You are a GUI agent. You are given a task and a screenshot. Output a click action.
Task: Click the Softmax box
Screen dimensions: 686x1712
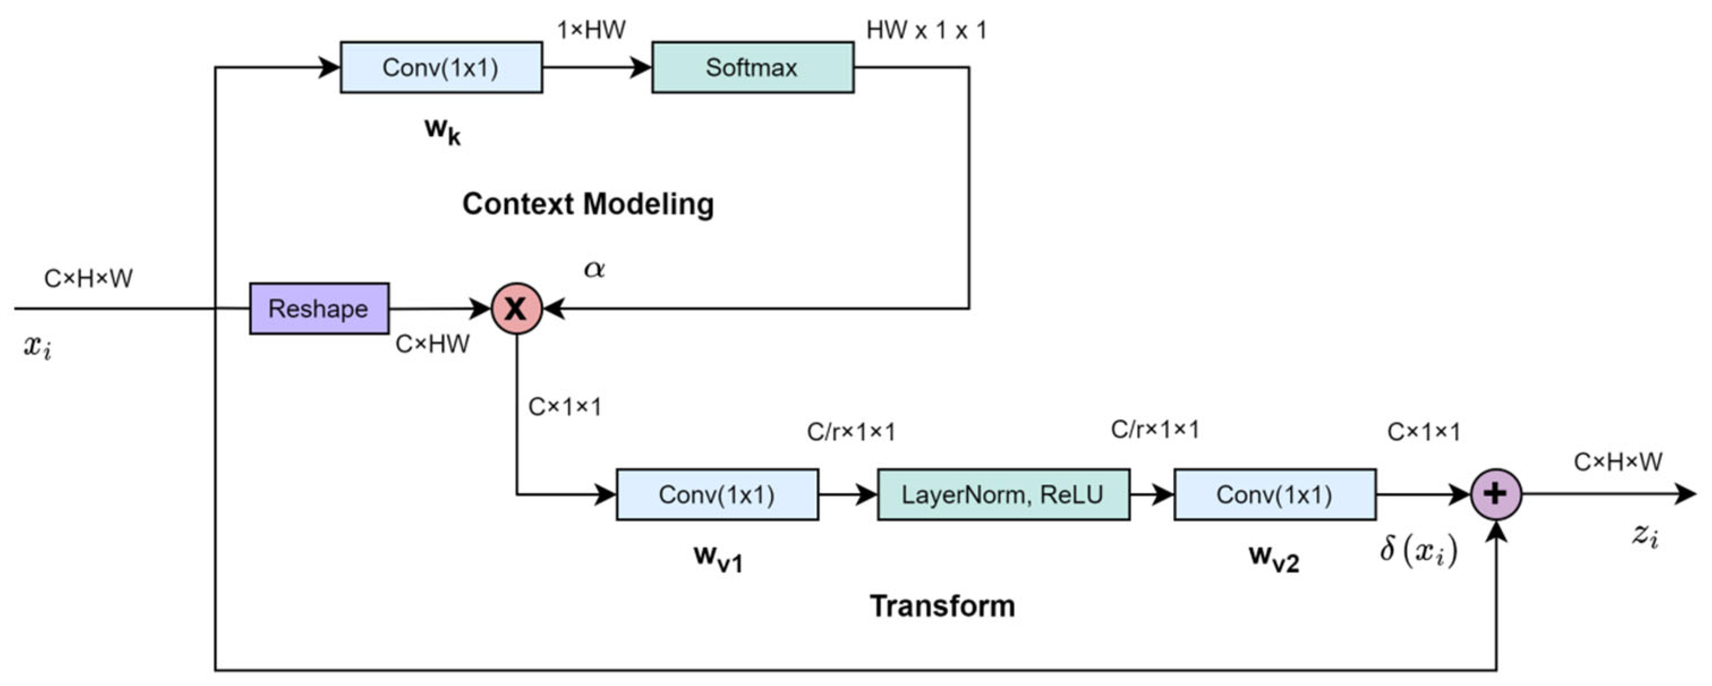(x=752, y=67)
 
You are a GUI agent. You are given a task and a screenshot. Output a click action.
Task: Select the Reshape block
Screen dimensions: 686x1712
(x=319, y=308)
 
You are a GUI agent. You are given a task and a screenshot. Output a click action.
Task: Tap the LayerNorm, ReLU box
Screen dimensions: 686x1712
(x=1003, y=495)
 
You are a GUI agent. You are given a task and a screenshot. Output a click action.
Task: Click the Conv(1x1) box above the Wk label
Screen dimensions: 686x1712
(x=441, y=67)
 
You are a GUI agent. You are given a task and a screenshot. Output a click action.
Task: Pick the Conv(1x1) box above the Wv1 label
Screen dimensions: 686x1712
(x=717, y=495)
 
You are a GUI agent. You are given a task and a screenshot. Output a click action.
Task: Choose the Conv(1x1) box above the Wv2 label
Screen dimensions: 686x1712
(x=1274, y=495)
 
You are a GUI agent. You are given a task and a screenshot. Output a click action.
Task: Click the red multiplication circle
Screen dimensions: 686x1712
(x=517, y=308)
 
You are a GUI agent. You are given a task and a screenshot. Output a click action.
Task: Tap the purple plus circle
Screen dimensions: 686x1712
(x=1496, y=494)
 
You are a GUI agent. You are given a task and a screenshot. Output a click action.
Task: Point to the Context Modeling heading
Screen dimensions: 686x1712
(x=587, y=204)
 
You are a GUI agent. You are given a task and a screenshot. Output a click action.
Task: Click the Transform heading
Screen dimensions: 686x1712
(x=943, y=606)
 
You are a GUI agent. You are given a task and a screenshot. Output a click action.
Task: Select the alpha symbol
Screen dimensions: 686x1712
(x=594, y=269)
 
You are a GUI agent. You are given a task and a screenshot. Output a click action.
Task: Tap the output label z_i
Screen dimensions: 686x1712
(x=1646, y=534)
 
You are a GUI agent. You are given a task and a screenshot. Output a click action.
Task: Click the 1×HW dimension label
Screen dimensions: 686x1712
(x=591, y=30)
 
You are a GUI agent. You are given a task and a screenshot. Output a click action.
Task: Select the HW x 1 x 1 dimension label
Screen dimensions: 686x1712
(x=926, y=30)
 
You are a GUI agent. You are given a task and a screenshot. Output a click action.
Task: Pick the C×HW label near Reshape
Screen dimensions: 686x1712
(x=432, y=344)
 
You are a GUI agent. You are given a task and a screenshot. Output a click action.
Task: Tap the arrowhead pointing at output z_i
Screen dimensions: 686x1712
(x=1685, y=494)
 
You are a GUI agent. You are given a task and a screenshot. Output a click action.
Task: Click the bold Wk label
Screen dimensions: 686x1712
(x=442, y=130)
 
